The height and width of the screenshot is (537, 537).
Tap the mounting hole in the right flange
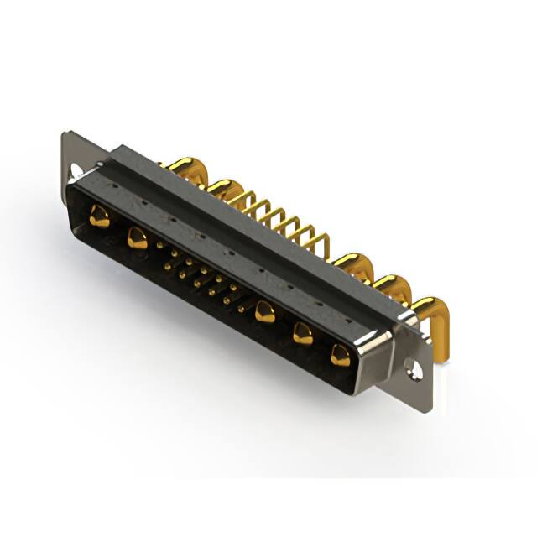pos(412,367)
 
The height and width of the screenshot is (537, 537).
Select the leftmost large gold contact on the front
pos(99,218)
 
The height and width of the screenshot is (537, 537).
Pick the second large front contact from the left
pos(137,239)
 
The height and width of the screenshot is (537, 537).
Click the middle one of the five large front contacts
pos(265,312)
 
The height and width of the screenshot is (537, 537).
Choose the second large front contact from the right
pos(302,335)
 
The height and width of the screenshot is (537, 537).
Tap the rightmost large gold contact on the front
pos(340,356)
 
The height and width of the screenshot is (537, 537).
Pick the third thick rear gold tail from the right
pos(352,265)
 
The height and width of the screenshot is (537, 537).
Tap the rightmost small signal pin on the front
pos(241,310)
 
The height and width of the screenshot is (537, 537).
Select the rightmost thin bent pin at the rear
pos(319,243)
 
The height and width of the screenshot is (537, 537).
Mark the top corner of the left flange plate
pos(65,134)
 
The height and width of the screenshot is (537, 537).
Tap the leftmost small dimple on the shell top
pos(171,223)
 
